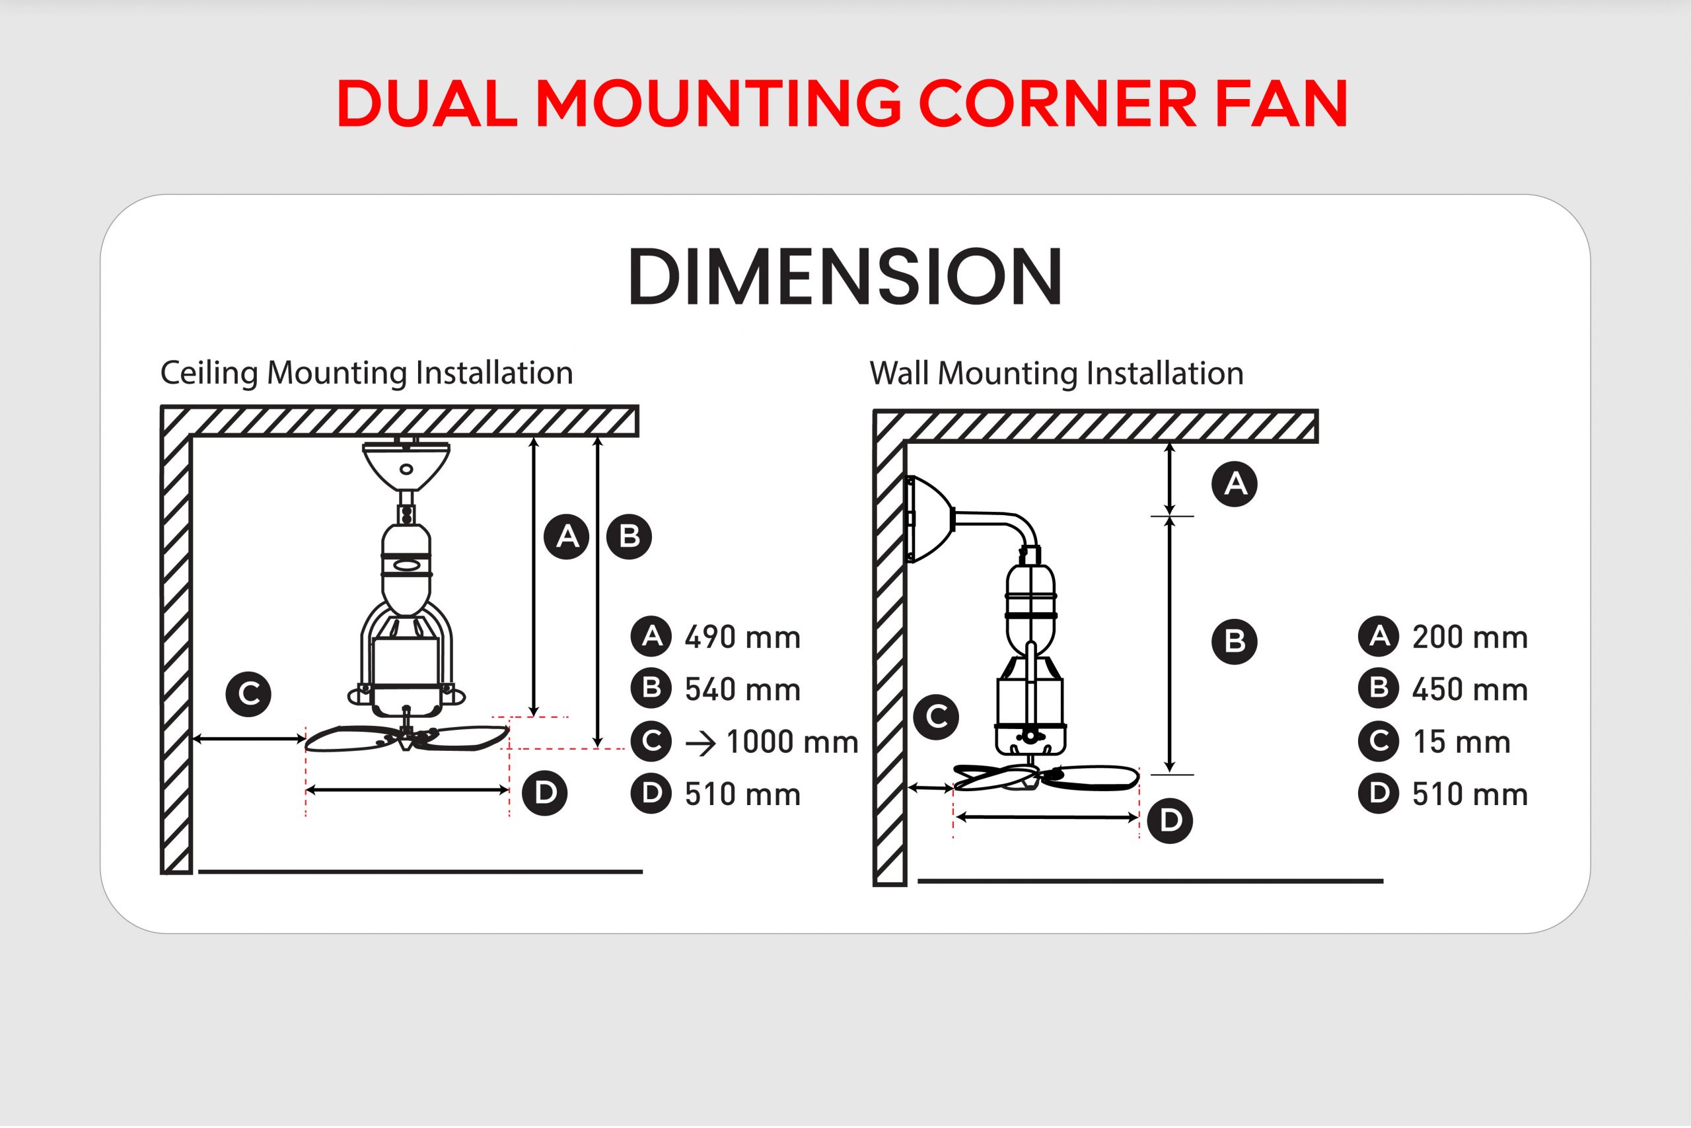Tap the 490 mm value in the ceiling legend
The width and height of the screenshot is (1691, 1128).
click(742, 638)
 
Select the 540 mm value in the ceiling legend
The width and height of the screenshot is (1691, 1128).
click(742, 690)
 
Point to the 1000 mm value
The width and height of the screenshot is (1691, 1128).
click(792, 742)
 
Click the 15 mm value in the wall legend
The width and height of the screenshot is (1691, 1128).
click(1460, 742)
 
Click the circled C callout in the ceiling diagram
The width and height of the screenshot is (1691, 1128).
click(248, 694)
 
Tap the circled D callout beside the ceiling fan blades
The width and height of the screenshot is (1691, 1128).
click(545, 793)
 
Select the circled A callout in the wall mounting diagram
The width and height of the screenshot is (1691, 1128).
click(1234, 484)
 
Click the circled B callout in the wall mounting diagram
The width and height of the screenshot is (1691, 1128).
click(1234, 641)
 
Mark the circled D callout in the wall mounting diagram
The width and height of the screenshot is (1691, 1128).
click(1169, 821)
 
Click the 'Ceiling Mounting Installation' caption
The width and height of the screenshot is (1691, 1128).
click(366, 373)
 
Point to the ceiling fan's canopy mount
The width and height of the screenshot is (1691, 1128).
click(406, 465)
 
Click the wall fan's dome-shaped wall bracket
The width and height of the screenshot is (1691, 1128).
click(929, 518)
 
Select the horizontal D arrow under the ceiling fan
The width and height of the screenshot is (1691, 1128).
click(408, 790)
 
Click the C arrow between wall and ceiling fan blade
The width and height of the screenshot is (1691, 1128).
click(249, 739)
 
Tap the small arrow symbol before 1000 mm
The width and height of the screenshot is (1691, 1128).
click(700, 744)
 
